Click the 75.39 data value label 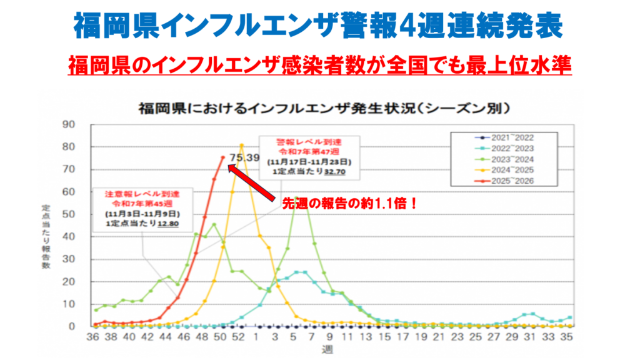244,157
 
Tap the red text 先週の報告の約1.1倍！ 349,204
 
